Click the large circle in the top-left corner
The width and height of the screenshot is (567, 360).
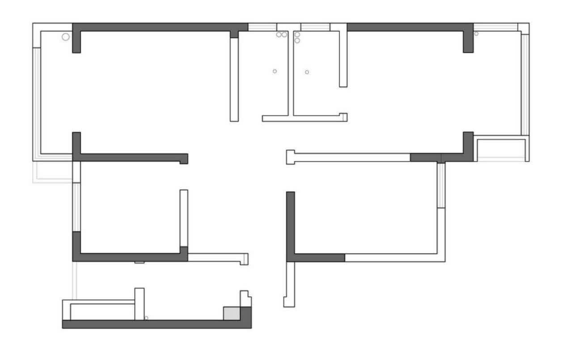coord(66,37)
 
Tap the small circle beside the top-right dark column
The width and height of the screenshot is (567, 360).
coord(476,34)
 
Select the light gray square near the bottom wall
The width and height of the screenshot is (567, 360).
coord(232,313)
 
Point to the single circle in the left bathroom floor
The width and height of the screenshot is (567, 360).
coord(275,71)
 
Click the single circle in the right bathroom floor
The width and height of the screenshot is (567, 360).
coord(307,72)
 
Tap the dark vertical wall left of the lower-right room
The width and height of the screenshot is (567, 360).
coord(291,224)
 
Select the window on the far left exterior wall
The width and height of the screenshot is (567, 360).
coord(37,101)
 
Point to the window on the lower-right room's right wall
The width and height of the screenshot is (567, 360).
coord(441,185)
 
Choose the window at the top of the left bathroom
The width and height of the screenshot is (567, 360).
coord(262,27)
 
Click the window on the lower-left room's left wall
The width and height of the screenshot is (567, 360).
coord(76,207)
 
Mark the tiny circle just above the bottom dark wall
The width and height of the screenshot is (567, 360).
coord(146,318)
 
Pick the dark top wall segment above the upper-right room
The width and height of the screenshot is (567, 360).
coord(409,27)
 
